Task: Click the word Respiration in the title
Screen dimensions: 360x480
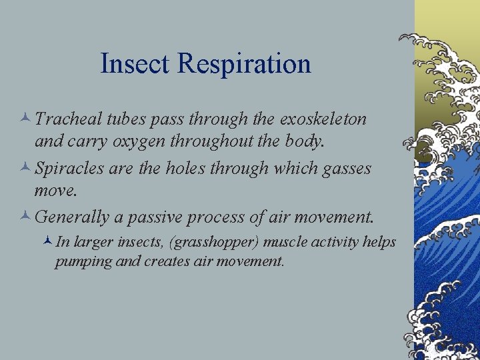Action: (244, 64)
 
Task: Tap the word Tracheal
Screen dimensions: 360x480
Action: (67, 119)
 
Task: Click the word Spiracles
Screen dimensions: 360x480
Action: (68, 168)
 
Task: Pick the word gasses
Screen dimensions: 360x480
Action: (345, 168)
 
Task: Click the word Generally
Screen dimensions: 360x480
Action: (70, 217)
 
